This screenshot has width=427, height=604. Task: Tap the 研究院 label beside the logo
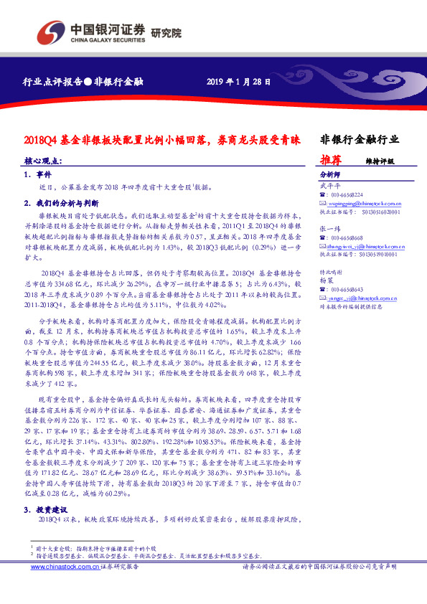tap(166, 32)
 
